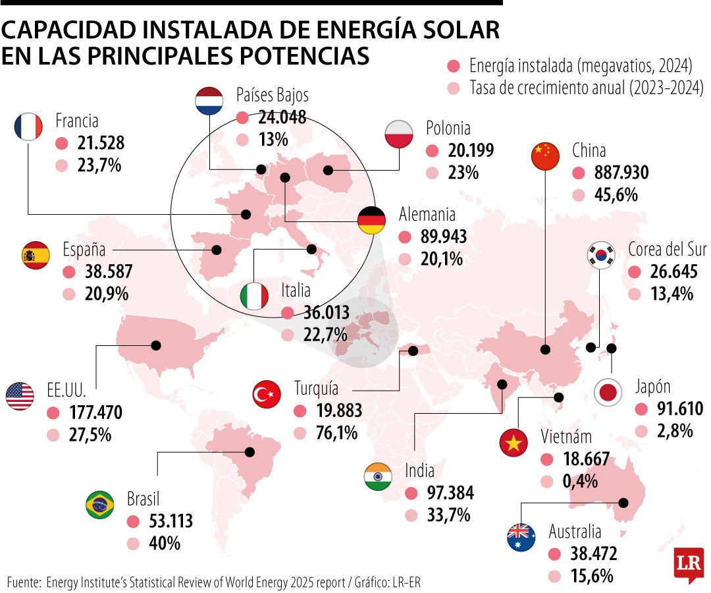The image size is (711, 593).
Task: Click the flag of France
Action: coord(28,126)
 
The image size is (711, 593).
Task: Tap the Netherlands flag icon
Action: coord(210,101)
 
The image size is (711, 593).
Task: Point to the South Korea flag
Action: coord(600,254)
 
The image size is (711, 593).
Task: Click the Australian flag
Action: coord(521,538)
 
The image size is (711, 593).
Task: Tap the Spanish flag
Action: coord(36,255)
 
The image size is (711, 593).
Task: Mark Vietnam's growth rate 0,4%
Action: coord(580,481)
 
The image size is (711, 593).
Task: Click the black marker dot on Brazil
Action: coord(250,452)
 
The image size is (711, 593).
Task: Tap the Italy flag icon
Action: coord(253,296)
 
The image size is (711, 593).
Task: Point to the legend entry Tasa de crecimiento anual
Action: coord(586,87)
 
